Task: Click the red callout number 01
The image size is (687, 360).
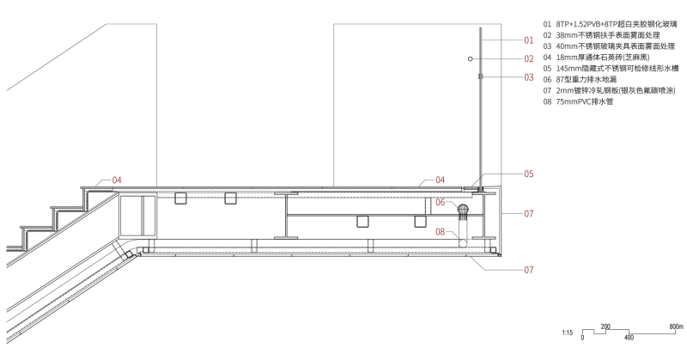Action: pyautogui.click(x=529, y=40)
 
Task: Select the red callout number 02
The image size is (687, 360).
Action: pyautogui.click(x=529, y=58)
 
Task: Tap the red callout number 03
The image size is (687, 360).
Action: pyautogui.click(x=529, y=77)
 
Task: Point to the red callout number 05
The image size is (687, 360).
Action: pyautogui.click(x=529, y=174)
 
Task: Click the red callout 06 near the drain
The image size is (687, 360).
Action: pyautogui.click(x=440, y=202)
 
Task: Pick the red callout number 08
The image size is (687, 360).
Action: pyautogui.click(x=440, y=231)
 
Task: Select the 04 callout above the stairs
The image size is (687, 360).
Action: pyautogui.click(x=117, y=180)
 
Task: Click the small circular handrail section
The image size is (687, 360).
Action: pyautogui.click(x=470, y=58)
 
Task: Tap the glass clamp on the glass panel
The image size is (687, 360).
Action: pyautogui.click(x=480, y=76)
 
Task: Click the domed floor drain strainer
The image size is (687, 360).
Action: pyautogui.click(x=463, y=210)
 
